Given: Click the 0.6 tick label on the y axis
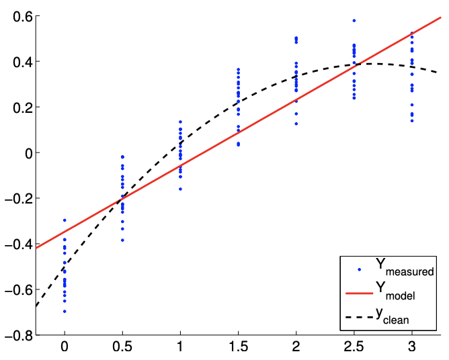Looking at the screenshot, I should coord(21,16).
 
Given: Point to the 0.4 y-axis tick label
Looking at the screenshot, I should coord(21,62).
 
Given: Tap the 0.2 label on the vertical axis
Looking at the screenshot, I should coord(21,107).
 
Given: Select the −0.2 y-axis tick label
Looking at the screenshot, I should coord(17,198).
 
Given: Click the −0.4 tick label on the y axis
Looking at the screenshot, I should coord(17,244).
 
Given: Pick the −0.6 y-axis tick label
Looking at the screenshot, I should coord(17,289).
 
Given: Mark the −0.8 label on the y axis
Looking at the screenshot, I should coord(17,335).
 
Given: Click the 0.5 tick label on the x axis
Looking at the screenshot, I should coord(122,349).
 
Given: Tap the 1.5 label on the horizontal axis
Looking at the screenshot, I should coord(238,349).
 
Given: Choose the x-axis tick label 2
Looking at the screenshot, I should coord(296,349).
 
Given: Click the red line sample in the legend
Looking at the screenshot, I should coord(360,292).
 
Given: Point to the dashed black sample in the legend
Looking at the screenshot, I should coord(360,315).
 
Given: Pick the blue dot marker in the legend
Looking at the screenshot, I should coord(360,269).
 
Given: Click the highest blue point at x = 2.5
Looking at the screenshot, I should coord(354,21).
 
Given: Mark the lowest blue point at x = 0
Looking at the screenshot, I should coord(65,312).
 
